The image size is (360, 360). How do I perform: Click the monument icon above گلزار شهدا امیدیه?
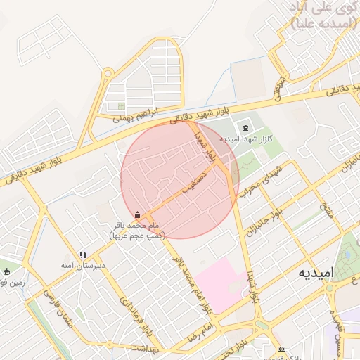click(x=245, y=128)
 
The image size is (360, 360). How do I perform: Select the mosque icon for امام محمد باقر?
click(x=137, y=214)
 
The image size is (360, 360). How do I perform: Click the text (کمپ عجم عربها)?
click(x=137, y=235)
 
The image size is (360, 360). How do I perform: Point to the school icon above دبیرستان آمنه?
click(x=83, y=255)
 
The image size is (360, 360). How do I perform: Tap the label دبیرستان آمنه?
click(x=83, y=266)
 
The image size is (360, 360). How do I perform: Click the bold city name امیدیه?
click(x=313, y=272)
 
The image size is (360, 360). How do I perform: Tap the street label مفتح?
click(x=327, y=208)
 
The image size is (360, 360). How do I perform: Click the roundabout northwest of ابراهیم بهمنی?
click(x=108, y=72)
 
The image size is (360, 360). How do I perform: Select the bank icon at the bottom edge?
click(x=282, y=349)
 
